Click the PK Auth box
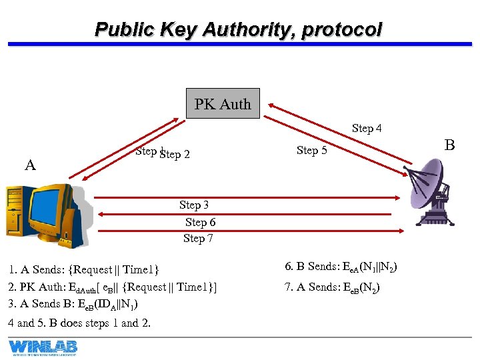[223, 104]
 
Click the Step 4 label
[367, 128]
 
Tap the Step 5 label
[311, 150]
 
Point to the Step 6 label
[200, 222]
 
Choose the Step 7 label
[198, 238]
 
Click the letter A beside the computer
[30, 165]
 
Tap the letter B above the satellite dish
[449, 145]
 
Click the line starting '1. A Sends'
[84, 270]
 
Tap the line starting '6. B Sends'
[341, 267]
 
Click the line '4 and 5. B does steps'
[79, 323]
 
